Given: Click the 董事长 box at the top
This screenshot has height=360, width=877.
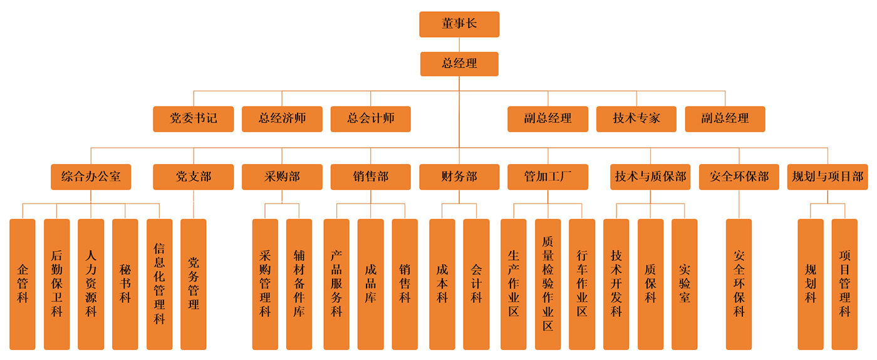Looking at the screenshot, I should tap(459, 24).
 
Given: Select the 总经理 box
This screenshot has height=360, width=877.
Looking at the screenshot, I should tap(459, 64).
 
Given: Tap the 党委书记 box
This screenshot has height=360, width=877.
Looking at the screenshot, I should tap(193, 118).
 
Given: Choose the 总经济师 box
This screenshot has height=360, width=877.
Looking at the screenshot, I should tap(282, 118).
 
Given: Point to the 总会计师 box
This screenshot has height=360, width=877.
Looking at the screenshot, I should tap(371, 118).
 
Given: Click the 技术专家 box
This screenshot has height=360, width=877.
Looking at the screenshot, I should tap(636, 118).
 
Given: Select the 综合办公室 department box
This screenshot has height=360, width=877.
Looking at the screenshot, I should tap(91, 177).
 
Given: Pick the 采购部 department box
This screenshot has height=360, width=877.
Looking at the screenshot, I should tap(282, 177).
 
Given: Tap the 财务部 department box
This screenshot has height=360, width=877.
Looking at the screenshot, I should tap(459, 177).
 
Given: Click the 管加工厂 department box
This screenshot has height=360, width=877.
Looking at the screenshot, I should tap(547, 177).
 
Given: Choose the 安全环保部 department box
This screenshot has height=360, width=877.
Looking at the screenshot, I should tap(739, 177).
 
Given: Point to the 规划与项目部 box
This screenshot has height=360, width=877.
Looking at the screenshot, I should tap(828, 177).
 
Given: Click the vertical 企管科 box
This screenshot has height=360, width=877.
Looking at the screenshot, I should tap(23, 284).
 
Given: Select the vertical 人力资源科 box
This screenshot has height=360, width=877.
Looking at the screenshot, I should tap(91, 284).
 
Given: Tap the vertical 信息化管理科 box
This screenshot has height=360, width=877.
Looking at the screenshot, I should tap(159, 284).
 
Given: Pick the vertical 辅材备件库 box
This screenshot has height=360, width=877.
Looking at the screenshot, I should tap(299, 284).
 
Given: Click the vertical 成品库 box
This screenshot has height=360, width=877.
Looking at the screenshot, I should tap(371, 284).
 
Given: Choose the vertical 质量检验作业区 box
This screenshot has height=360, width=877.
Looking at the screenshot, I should tap(547, 284).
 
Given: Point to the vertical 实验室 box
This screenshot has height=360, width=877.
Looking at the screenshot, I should tap(684, 284).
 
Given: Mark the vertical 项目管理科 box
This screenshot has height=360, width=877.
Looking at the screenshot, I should tap(844, 284).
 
